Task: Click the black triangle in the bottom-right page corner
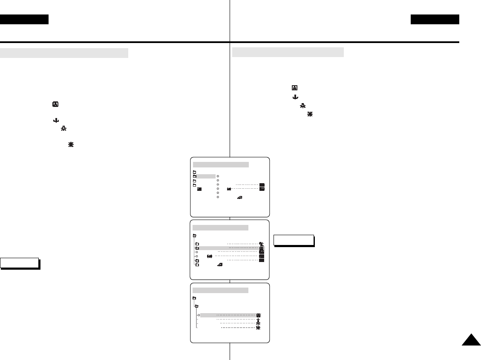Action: tap(470, 342)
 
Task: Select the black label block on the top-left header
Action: tap(24, 20)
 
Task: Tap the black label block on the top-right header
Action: tap(435, 20)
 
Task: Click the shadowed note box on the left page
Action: tap(20, 263)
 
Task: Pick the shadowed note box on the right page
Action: tap(294, 240)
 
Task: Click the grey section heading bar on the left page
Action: tap(64, 53)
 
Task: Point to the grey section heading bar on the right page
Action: tap(288, 52)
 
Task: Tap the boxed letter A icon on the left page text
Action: tap(55, 104)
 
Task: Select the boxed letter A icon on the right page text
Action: tap(294, 87)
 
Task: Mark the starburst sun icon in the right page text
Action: tap(310, 115)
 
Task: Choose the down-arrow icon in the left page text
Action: tap(55, 121)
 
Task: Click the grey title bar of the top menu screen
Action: tap(221, 164)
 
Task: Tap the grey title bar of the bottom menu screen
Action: tap(220, 290)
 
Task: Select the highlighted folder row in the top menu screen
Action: tap(204, 176)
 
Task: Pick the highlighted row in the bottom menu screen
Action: tap(230, 315)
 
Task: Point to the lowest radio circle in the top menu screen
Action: tap(218, 197)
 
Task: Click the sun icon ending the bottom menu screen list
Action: tap(258, 328)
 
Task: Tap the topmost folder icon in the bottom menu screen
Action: tap(194, 298)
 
